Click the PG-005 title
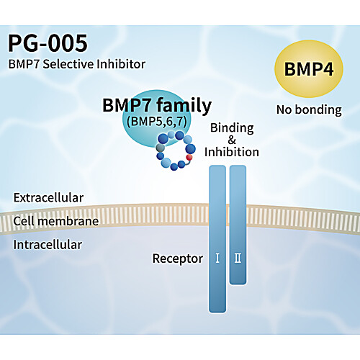[48, 43]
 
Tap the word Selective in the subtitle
[68, 64]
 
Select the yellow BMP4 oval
[309, 68]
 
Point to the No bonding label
[309, 110]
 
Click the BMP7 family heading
[157, 105]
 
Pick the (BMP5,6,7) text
[157, 121]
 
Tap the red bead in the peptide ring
[189, 157]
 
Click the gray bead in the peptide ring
[161, 148]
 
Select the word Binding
[232, 128]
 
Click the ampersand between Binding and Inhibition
[232, 140]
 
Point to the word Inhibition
[232, 152]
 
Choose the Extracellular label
[48, 198]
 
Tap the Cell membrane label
[56, 221]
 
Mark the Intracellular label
[48, 245]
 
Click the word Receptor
[178, 259]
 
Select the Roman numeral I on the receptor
[217, 258]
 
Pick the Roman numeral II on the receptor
[238, 258]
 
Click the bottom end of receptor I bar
[217, 312]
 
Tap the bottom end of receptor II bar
[238, 284]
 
